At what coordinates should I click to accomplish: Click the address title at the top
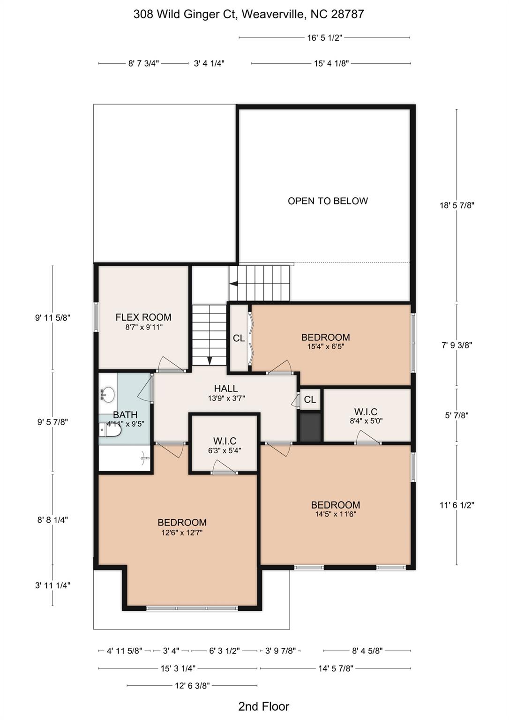[248, 14]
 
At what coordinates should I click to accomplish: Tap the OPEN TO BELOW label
[328, 201]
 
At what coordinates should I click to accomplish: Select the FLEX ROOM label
[143, 317]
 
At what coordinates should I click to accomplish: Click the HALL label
[226, 389]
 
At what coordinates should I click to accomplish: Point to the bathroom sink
[108, 394]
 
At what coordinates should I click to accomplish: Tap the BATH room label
[125, 415]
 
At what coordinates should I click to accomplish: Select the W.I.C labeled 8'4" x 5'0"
[366, 412]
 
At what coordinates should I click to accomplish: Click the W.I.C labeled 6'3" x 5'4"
[225, 441]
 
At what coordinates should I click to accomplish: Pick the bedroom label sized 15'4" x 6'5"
[325, 337]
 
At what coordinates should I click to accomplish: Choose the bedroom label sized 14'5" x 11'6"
[336, 505]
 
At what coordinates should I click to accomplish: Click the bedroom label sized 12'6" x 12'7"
[182, 523]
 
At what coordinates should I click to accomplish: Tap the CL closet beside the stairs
[239, 338]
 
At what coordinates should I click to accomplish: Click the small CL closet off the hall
[310, 399]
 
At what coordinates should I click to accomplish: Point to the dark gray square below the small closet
[310, 427]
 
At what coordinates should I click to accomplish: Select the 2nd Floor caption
[263, 706]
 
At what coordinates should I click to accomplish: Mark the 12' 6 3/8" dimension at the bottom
[192, 685]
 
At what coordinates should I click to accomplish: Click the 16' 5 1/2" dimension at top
[325, 38]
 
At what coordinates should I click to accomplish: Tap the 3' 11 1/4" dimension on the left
[52, 585]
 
